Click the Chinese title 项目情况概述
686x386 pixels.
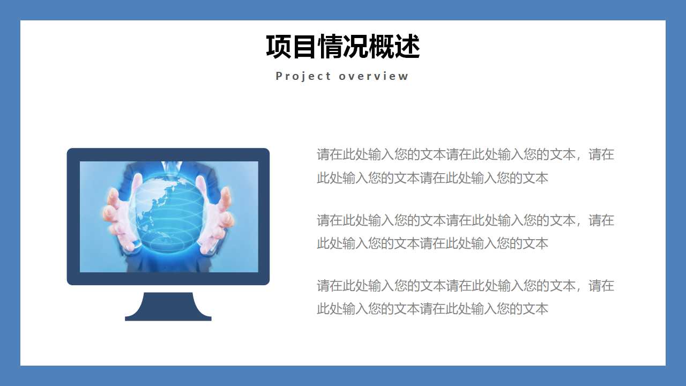(x=343, y=47)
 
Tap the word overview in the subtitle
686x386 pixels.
(x=374, y=76)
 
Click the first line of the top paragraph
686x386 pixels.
(x=465, y=155)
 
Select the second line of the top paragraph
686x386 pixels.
(x=433, y=178)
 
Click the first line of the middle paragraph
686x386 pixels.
(x=465, y=220)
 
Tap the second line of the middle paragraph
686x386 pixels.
(x=433, y=243)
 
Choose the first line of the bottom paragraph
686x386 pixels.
(x=465, y=286)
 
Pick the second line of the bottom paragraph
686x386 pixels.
(x=433, y=309)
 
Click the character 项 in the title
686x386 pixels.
(x=279, y=47)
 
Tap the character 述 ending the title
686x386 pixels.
(x=407, y=47)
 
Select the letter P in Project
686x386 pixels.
(x=279, y=76)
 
